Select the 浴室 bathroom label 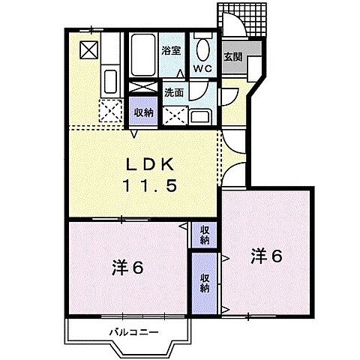171,51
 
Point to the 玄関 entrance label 232,56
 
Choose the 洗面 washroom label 173,94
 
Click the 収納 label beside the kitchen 143,112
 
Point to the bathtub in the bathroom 142,52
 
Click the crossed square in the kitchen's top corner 88,49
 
